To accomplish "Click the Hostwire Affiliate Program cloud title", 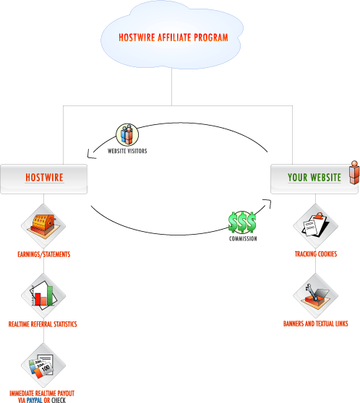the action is [x=173, y=38].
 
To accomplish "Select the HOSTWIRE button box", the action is [x=44, y=179].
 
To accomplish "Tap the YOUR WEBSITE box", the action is [x=314, y=179].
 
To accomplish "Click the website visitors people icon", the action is [x=127, y=134].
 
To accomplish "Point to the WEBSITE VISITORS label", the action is [x=127, y=151].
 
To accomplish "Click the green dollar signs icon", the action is [x=242, y=222].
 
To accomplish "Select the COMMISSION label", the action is [x=243, y=239].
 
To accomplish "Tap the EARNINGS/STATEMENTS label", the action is [x=44, y=254].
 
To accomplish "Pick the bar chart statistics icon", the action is [x=43, y=295].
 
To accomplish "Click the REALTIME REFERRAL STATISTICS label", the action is [x=43, y=324].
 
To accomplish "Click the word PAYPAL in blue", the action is [x=35, y=400].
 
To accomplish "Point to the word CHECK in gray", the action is [x=59, y=400].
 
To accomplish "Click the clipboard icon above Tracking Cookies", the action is [x=315, y=225].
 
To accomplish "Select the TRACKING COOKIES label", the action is [x=316, y=254].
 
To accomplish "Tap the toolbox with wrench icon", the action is [x=315, y=295].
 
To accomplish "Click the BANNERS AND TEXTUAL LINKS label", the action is [x=315, y=324].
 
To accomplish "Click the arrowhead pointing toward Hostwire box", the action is [x=90, y=155].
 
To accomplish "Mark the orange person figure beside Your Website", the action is [x=354, y=173].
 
